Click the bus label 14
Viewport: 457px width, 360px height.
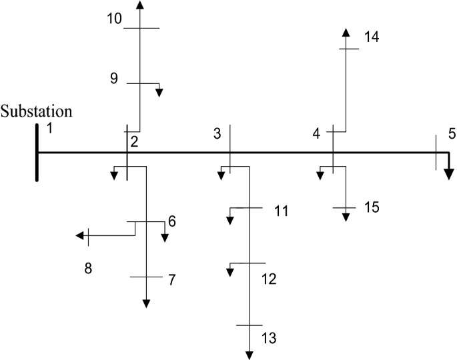tap(372, 37)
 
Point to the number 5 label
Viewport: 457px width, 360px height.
tap(452, 134)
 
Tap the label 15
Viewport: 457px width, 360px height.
tap(372, 207)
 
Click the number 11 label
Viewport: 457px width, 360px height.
tap(281, 211)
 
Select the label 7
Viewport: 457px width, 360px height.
tap(171, 279)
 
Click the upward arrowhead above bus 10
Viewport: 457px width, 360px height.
tap(139, 5)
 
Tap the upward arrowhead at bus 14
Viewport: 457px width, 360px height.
tap(346, 34)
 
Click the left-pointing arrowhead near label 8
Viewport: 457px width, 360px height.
tap(80, 235)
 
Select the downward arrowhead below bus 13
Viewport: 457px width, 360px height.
tap(250, 355)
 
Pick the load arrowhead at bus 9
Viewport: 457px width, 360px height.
tap(159, 93)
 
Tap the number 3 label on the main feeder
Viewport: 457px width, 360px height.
tap(217, 133)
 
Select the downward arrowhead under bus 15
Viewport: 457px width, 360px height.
tap(346, 217)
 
